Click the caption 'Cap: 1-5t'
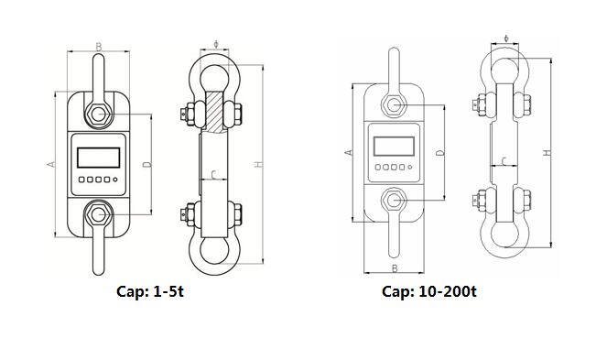click(150, 291)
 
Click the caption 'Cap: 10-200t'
click(429, 291)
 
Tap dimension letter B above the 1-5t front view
click(99, 47)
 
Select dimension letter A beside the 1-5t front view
click(51, 164)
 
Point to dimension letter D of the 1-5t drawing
click(147, 164)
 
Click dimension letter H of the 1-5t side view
click(258, 164)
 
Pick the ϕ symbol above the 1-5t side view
click(216, 44)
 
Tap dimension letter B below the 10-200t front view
click(395, 268)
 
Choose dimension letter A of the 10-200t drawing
click(349, 152)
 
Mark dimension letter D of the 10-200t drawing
click(440, 152)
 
